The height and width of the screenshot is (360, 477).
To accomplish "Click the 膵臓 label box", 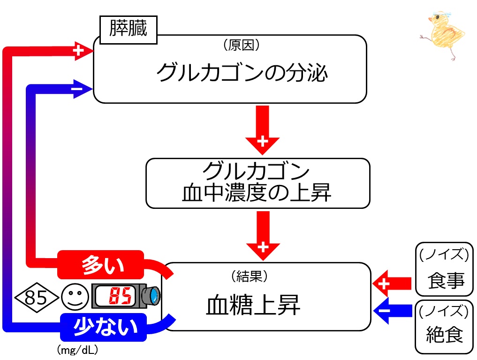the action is pyautogui.click(x=129, y=30).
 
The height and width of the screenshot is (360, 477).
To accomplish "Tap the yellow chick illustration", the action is pyautogui.click(x=444, y=35).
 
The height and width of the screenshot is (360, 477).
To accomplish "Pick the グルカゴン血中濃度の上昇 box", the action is pyautogui.click(x=257, y=183).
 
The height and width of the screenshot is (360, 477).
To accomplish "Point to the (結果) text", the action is pyautogui.click(x=249, y=276).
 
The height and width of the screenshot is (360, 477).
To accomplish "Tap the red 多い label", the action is pyautogui.click(x=101, y=264).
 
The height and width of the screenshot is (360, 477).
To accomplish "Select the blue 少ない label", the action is pyautogui.click(x=104, y=327).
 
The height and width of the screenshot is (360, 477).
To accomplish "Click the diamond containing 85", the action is pyautogui.click(x=36, y=297).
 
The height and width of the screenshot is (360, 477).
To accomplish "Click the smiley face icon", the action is pyautogui.click(x=75, y=297).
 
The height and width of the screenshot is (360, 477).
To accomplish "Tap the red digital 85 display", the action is pyautogui.click(x=120, y=296).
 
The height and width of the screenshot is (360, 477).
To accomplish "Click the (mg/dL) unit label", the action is pyautogui.click(x=77, y=350).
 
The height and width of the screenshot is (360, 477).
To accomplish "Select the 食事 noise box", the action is pyautogui.click(x=444, y=269).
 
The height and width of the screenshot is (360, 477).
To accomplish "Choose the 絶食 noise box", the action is pyautogui.click(x=444, y=327).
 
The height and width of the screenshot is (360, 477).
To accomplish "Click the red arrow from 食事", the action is pyautogui.click(x=392, y=283).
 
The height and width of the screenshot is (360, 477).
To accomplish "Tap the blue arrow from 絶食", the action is pyautogui.click(x=393, y=311).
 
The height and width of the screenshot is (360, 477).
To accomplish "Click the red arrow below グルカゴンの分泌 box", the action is pyautogui.click(x=263, y=130).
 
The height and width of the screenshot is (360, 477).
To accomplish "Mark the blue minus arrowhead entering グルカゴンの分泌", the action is pyautogui.click(x=83, y=89).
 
